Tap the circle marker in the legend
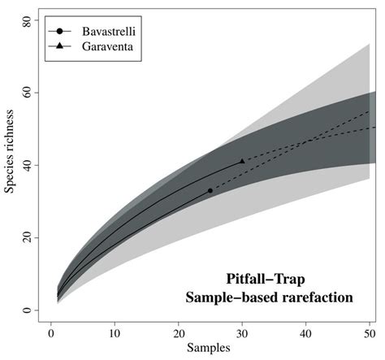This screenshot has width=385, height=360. click(61, 31)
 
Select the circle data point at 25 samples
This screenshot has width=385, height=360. click(210, 190)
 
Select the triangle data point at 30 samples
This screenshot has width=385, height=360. click(242, 162)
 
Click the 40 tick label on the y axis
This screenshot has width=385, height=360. click(26, 165)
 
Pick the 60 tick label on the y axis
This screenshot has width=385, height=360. click(26, 93)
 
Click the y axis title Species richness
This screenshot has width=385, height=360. click(9, 167)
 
